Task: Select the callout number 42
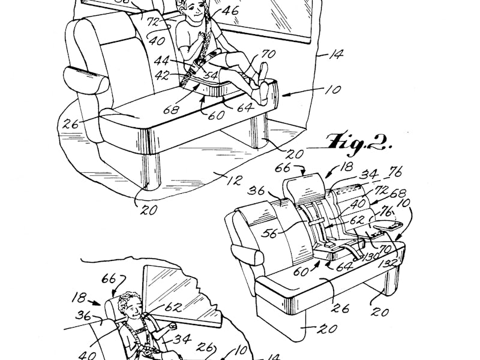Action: coord(178,75)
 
